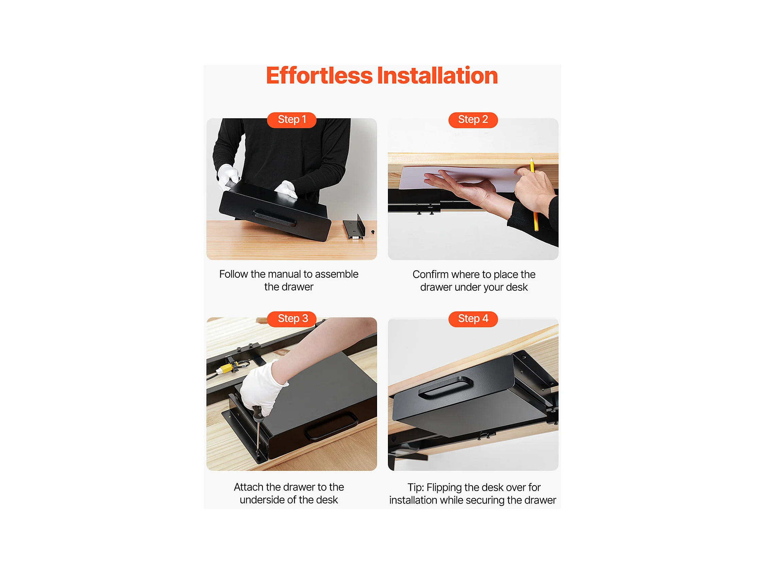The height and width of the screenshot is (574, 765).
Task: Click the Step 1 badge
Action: (x=291, y=120)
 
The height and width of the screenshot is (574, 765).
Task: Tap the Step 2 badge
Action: (x=473, y=120)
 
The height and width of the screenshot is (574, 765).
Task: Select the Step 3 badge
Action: (x=291, y=319)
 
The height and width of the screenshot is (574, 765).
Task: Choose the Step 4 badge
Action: (x=473, y=319)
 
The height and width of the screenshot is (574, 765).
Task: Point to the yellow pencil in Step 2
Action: (x=534, y=194)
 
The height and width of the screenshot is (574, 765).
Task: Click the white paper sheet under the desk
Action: (x=460, y=178)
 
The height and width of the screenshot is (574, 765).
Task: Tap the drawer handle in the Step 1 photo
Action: (x=274, y=218)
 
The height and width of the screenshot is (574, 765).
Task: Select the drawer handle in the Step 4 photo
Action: (x=445, y=386)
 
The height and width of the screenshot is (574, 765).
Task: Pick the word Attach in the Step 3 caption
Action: (x=249, y=487)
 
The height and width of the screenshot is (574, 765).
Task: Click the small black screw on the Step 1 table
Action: (x=373, y=232)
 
